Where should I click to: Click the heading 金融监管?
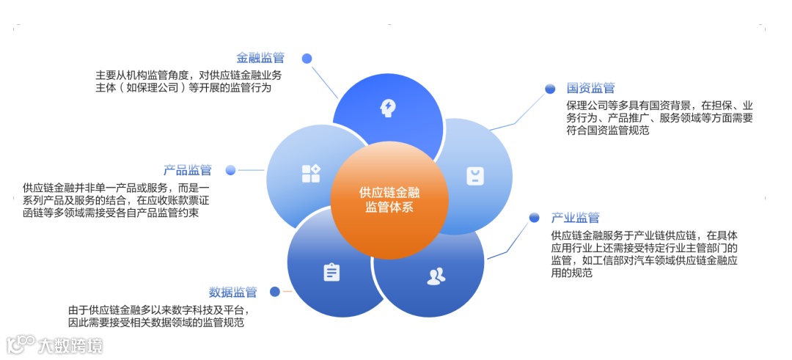260,58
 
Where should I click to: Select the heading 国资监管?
590,89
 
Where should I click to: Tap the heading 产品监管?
188,170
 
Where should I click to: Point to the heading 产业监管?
575,218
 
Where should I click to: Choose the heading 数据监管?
232,292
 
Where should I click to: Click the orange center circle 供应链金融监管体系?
389,199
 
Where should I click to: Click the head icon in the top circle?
387,108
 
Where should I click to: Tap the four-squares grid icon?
310,174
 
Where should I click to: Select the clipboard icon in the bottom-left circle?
331,272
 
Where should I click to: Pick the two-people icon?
436,276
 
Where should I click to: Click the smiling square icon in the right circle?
475,176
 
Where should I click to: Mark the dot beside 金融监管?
307,58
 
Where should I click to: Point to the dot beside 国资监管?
550,89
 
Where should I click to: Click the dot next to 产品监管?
230,170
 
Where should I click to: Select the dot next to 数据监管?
275,292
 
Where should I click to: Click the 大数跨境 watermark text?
70,345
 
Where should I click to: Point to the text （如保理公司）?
150,88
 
